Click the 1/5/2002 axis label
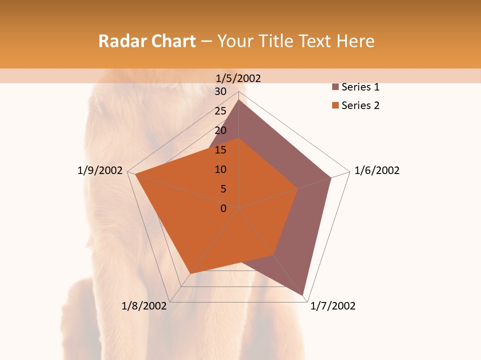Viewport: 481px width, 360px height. (x=238, y=78)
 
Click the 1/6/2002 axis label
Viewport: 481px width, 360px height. (x=377, y=170)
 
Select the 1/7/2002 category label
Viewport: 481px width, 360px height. (x=333, y=306)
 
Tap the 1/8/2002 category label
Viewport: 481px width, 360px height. (x=144, y=306)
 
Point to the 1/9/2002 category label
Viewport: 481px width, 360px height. (x=100, y=170)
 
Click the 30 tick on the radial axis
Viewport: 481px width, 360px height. (x=220, y=91)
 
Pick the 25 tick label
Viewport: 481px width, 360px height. (x=220, y=111)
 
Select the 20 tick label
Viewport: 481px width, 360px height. (x=220, y=130)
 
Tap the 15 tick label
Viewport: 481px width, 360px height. (x=220, y=150)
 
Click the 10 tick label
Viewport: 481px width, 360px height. (x=220, y=169)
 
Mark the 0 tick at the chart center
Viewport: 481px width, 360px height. (x=223, y=208)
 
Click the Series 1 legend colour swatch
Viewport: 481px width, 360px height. (x=335, y=87)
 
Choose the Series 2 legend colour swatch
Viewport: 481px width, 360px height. (x=335, y=105)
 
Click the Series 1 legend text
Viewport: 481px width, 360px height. (x=360, y=87)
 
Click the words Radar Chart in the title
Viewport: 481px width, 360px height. (x=147, y=41)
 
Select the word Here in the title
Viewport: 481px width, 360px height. (x=355, y=41)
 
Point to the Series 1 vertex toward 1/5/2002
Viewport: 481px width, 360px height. (x=238, y=100)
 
